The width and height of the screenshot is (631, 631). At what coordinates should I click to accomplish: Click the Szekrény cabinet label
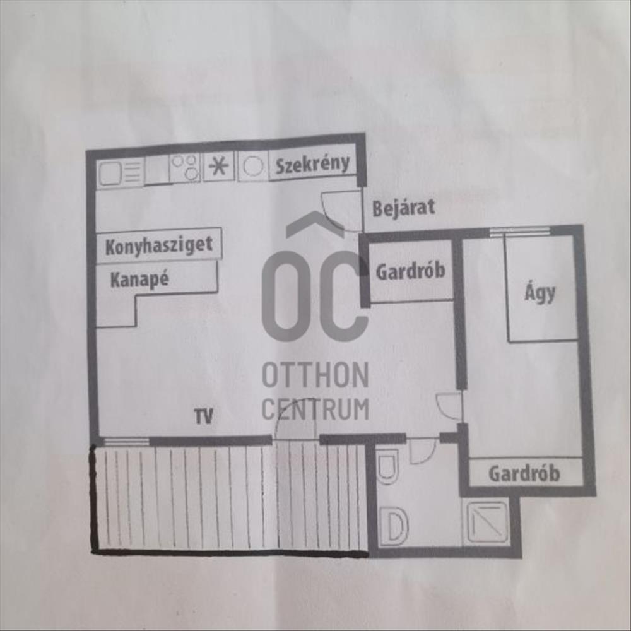(313, 165)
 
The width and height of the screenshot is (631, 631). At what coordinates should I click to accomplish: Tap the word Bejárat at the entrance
(404, 208)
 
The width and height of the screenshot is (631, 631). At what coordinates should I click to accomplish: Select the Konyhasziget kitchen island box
(159, 245)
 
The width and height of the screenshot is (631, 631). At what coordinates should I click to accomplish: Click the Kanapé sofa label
(139, 280)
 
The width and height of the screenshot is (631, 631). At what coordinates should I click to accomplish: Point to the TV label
(204, 416)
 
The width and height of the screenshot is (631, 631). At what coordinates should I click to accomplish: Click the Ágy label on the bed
(540, 293)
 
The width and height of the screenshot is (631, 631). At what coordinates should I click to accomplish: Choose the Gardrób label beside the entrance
(411, 271)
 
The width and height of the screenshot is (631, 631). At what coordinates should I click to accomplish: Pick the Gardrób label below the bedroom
(524, 473)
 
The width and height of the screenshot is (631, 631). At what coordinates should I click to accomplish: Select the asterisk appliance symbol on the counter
(218, 166)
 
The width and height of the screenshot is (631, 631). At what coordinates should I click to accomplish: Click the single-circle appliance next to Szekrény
(252, 165)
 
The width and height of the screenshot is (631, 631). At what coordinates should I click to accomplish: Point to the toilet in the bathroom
(387, 466)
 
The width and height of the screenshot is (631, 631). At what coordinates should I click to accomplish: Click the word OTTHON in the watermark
(315, 375)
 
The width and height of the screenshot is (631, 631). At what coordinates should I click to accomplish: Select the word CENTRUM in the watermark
(315, 408)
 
